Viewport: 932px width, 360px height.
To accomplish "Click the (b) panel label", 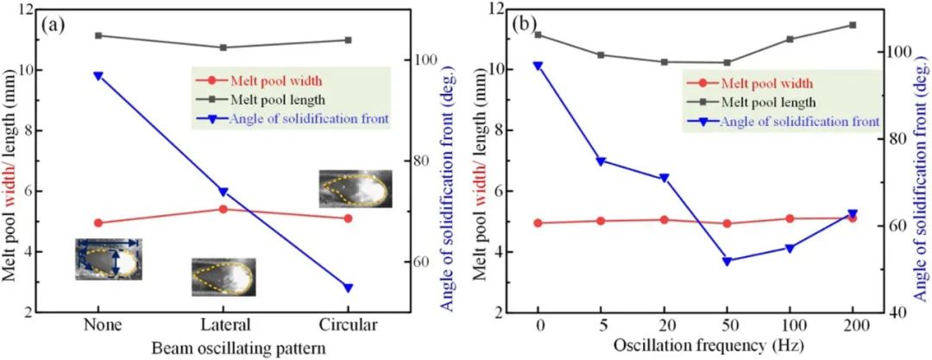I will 526,23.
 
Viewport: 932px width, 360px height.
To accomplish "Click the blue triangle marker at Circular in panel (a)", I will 348,287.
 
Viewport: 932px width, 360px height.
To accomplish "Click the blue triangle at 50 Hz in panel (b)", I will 727,261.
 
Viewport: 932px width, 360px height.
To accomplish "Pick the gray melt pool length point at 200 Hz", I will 853,25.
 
